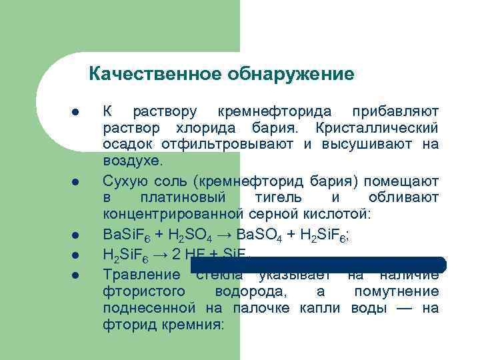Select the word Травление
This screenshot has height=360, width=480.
[x=141, y=275]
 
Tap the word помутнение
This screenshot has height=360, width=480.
[x=397, y=292]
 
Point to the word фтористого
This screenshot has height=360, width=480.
[x=142, y=292]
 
